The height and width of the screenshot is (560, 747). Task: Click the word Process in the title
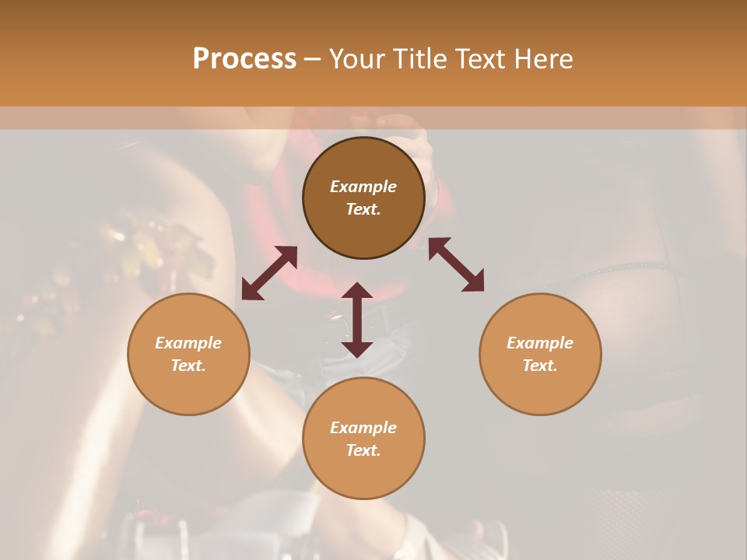click(x=244, y=59)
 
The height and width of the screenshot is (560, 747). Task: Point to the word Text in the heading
click(x=478, y=59)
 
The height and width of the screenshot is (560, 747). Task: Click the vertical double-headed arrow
click(x=357, y=320)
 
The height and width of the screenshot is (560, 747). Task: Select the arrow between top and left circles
click(x=269, y=273)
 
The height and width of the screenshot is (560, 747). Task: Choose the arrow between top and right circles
click(x=457, y=264)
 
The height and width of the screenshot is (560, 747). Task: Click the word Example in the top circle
click(x=363, y=187)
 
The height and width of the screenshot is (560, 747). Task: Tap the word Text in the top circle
click(x=363, y=209)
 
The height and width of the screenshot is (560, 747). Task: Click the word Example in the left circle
click(x=188, y=343)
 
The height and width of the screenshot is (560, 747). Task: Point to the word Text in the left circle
click(x=188, y=366)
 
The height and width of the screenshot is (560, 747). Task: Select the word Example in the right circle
click(x=540, y=343)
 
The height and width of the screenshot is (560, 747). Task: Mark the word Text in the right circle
click(x=540, y=366)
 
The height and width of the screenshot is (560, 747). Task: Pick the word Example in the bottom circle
click(x=363, y=428)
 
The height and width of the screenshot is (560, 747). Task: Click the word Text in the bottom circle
click(x=363, y=450)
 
